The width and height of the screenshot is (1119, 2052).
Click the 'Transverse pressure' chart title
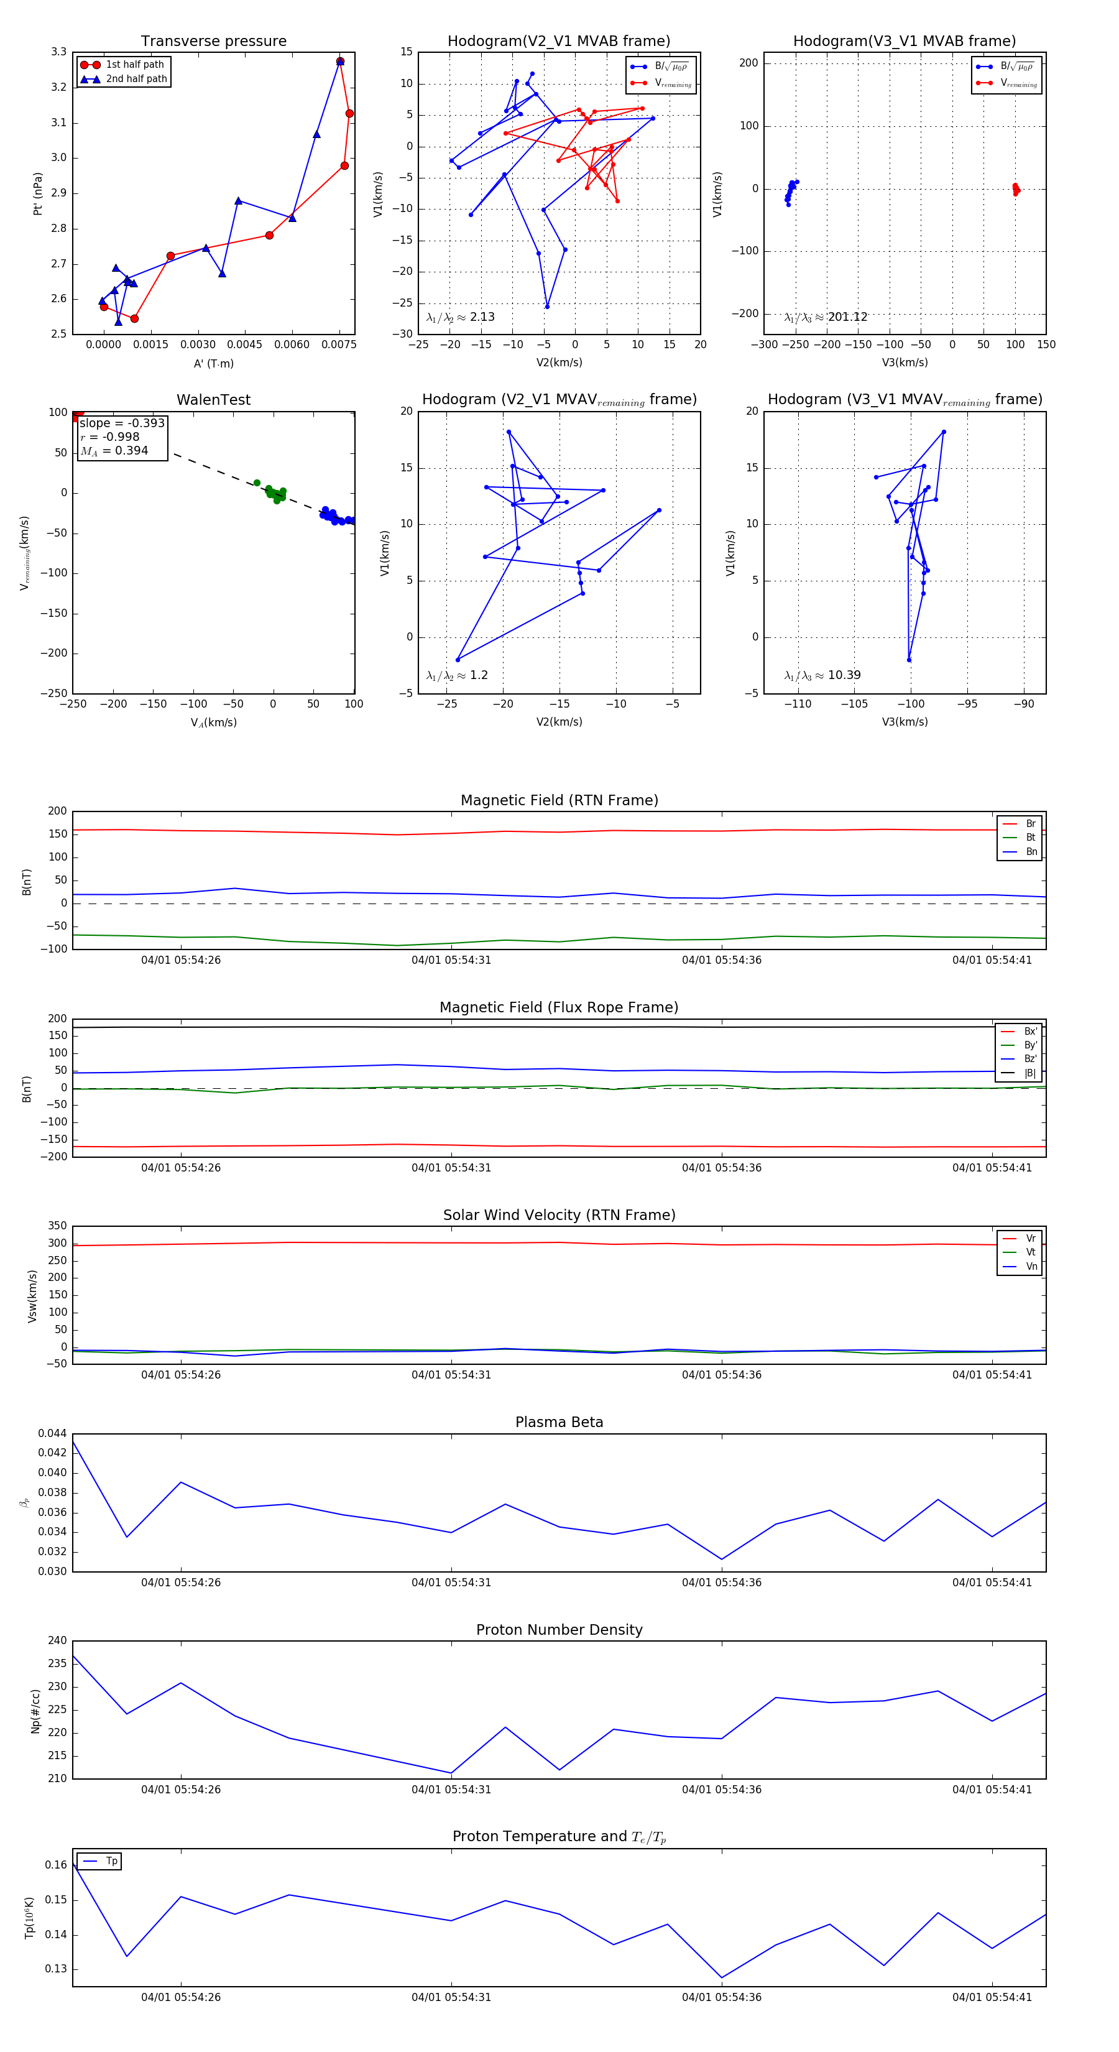coord(213,42)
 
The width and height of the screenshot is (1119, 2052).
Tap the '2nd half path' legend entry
coord(136,79)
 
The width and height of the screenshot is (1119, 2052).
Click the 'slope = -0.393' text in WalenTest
coord(122,423)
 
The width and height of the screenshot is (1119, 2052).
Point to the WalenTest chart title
coord(213,400)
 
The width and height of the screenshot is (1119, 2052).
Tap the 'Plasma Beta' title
coord(559,1422)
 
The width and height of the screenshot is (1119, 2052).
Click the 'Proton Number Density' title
coord(559,1630)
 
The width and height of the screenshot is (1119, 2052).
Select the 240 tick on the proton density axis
coord(57,1640)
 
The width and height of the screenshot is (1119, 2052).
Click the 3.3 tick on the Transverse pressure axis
coord(58,52)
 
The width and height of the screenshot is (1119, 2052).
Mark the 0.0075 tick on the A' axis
coord(339,345)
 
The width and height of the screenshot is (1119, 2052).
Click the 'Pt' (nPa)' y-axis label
coord(37,193)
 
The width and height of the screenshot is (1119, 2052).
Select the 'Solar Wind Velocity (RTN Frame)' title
coord(559,1215)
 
